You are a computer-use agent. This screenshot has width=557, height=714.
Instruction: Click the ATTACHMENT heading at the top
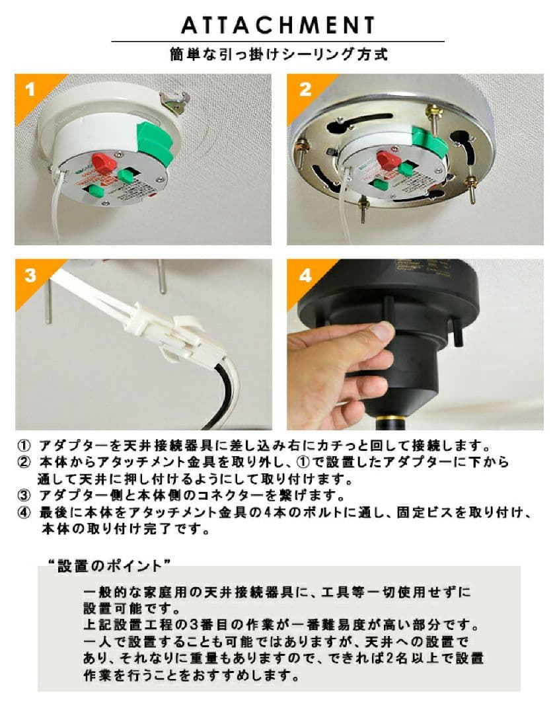pyautogui.click(x=278, y=25)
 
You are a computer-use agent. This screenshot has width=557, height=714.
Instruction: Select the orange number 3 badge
pyautogui.click(x=30, y=275)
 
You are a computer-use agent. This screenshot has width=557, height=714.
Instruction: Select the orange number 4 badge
pyautogui.click(x=304, y=275)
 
